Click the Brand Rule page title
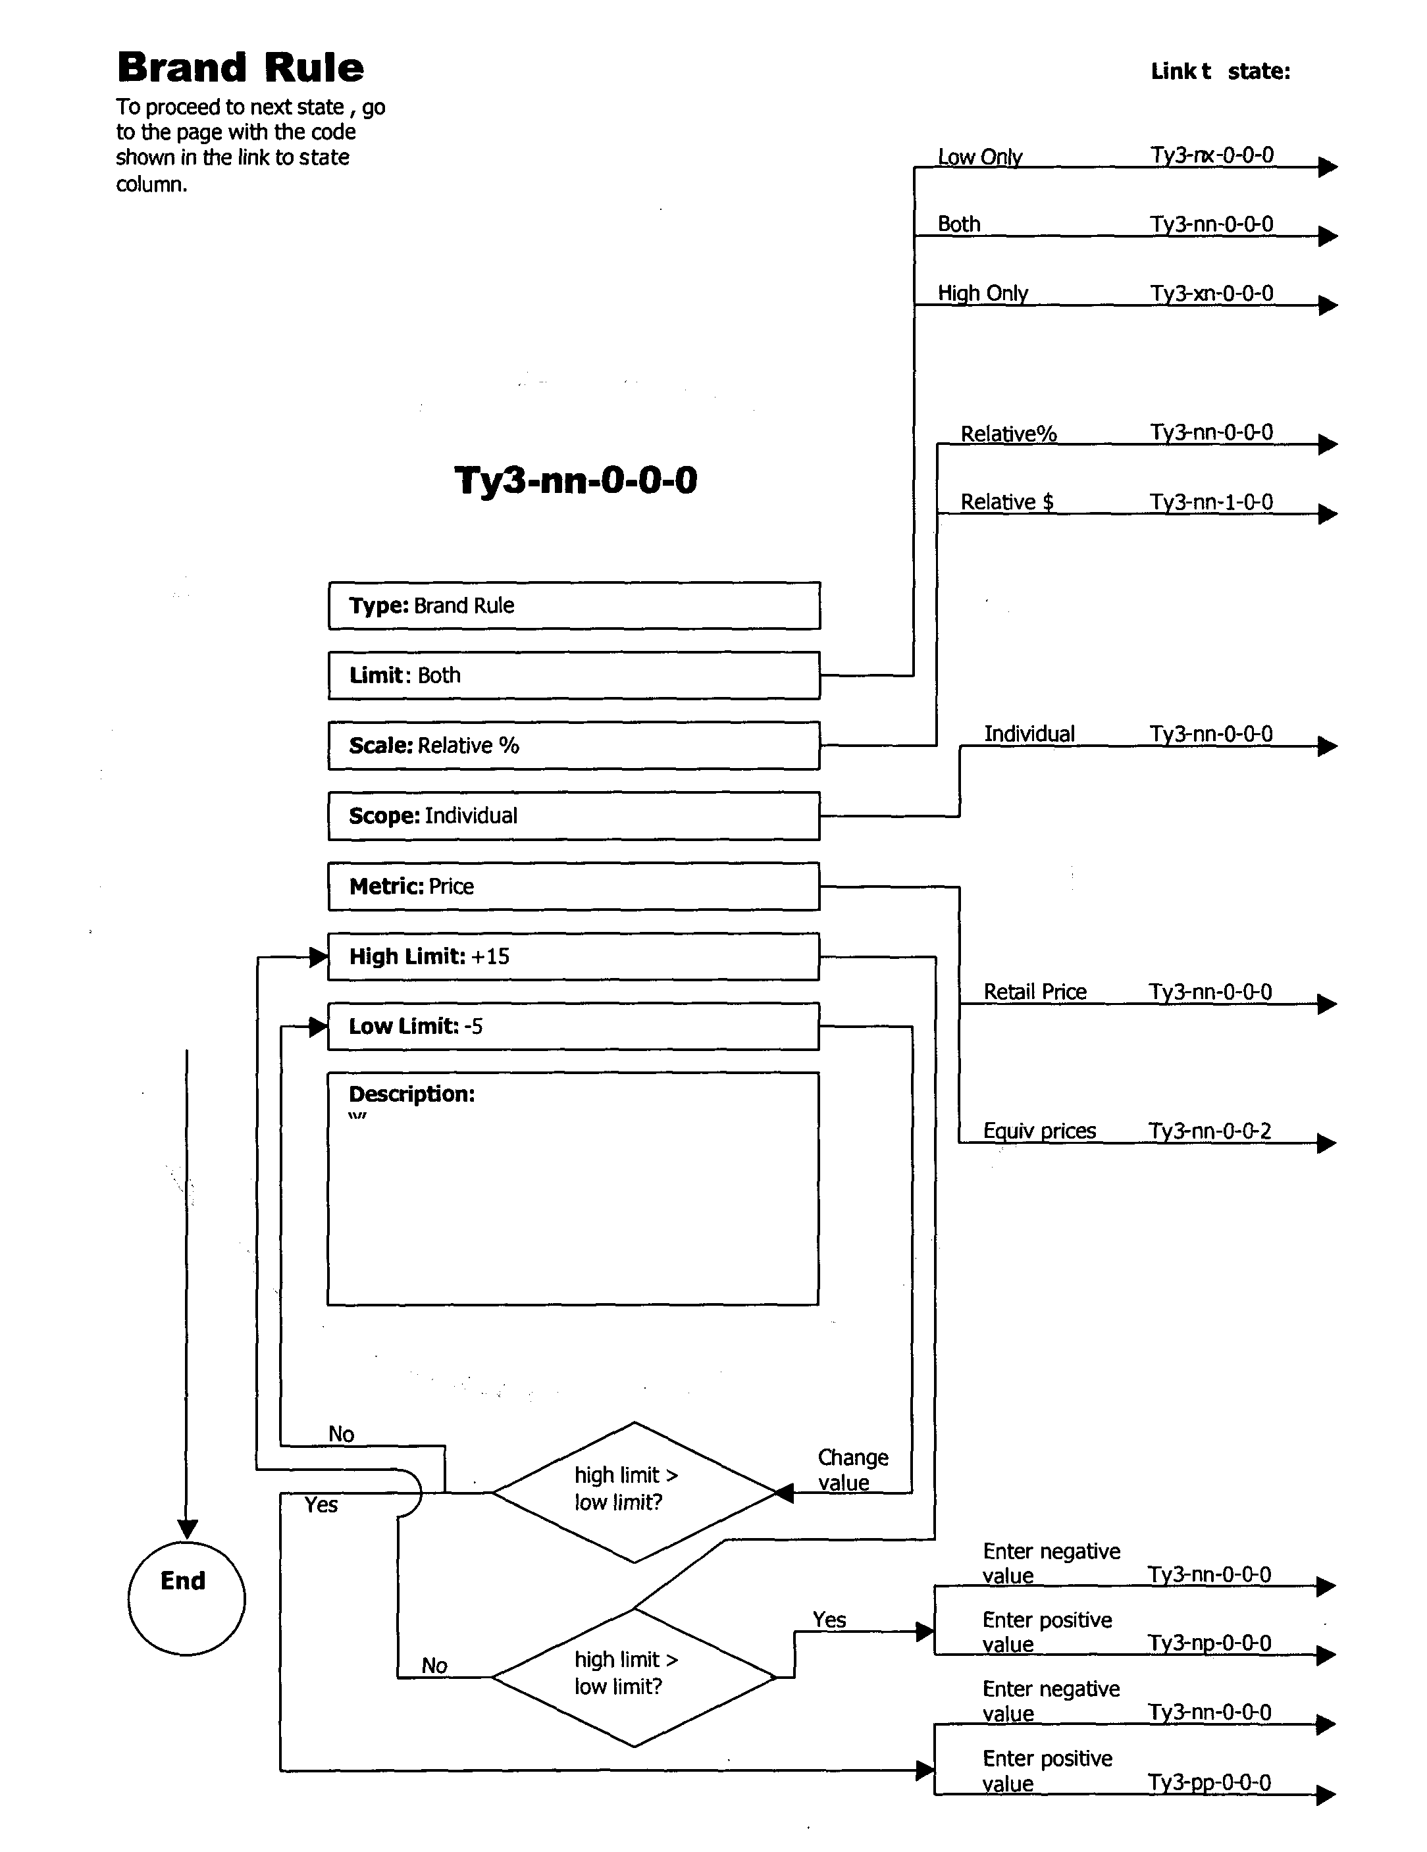click(240, 68)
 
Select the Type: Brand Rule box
click(573, 605)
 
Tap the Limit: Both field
click(573, 675)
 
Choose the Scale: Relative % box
click(573, 746)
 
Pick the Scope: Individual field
click(573, 816)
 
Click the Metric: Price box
click(573, 886)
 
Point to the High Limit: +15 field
click(573, 956)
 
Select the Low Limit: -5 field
click(573, 1026)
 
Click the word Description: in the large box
click(411, 1094)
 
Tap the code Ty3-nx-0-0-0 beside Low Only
click(1211, 155)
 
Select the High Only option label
click(982, 294)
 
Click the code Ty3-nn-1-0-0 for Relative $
click(1211, 502)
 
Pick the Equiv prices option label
click(1039, 1131)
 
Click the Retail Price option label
click(1035, 992)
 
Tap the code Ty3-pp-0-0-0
click(1209, 1784)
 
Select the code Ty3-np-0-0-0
click(1209, 1643)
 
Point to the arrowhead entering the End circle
click(188, 1529)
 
